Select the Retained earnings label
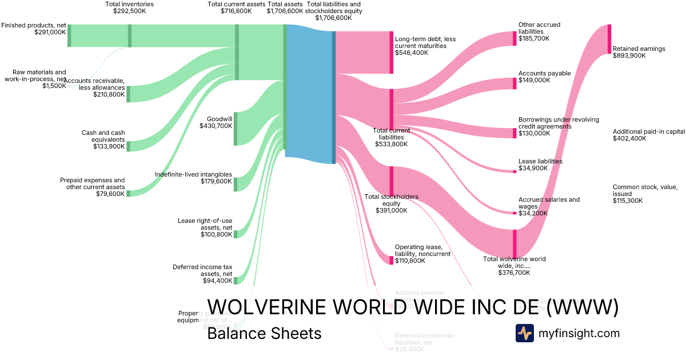point(639,52)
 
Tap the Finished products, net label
point(34,29)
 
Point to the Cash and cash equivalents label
point(103,139)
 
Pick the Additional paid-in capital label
point(648,135)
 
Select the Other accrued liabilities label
point(539,31)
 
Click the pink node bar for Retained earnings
point(609,39)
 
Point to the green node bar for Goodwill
point(236,129)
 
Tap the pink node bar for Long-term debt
point(392,52)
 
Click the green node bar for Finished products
point(69,35)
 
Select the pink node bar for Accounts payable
point(514,83)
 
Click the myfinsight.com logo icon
point(524,333)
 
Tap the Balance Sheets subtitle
point(264,333)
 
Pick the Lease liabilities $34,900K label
point(540,165)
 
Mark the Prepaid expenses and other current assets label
point(92,187)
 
